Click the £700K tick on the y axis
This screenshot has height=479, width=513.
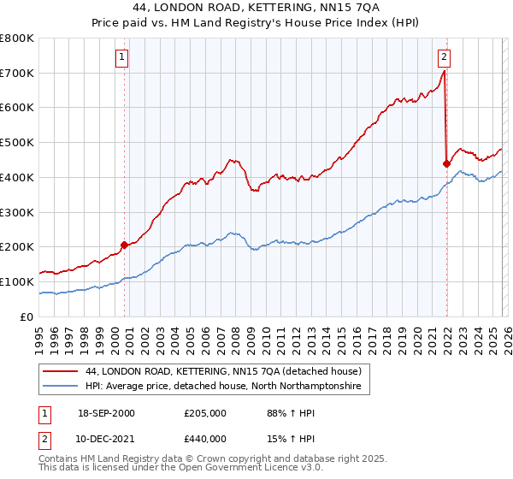[17, 74]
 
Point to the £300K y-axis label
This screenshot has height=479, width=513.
[17, 212]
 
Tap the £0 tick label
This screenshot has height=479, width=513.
[27, 316]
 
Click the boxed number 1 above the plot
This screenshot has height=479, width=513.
[122, 58]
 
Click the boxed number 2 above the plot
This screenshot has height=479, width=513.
[445, 58]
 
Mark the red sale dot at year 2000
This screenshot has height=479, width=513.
[124, 245]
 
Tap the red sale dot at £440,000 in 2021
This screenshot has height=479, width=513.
[446, 163]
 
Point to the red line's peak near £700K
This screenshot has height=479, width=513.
[444, 72]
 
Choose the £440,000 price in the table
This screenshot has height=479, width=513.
[205, 438]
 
